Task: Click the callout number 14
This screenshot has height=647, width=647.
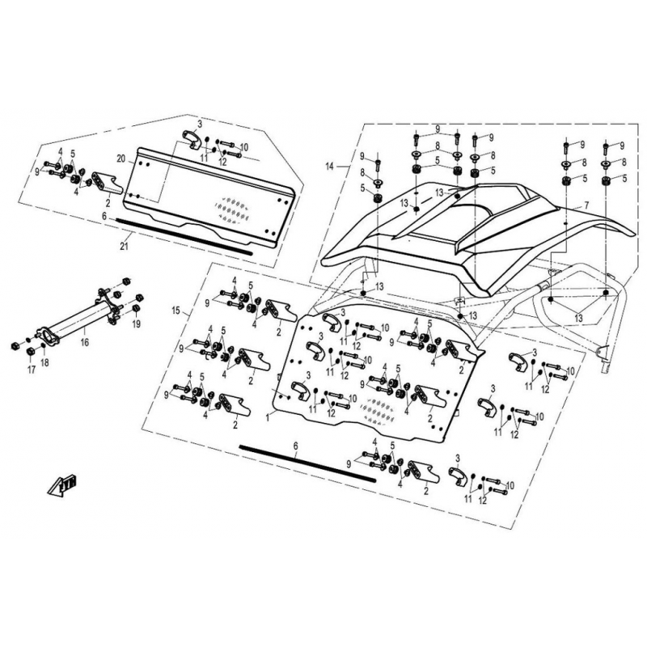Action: [330, 167]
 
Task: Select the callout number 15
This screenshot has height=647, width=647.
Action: [176, 311]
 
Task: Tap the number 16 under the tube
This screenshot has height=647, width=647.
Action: [85, 342]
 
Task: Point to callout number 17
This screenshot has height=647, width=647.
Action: [32, 370]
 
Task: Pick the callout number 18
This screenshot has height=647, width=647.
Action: [44, 362]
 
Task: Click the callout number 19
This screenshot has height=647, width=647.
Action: [137, 325]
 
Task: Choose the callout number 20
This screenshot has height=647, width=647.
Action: [121, 159]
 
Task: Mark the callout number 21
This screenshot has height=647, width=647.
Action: [125, 247]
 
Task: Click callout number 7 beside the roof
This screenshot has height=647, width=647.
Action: [586, 205]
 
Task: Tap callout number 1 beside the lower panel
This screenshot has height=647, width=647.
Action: [268, 417]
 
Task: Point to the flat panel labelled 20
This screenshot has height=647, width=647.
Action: [209, 197]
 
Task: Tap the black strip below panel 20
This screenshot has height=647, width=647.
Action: [184, 236]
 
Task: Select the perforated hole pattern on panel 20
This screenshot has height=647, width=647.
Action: [233, 209]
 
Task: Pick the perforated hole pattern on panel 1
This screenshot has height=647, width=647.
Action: [378, 411]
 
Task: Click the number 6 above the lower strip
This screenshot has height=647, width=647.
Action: [295, 446]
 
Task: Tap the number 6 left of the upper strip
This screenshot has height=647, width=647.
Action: [104, 216]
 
